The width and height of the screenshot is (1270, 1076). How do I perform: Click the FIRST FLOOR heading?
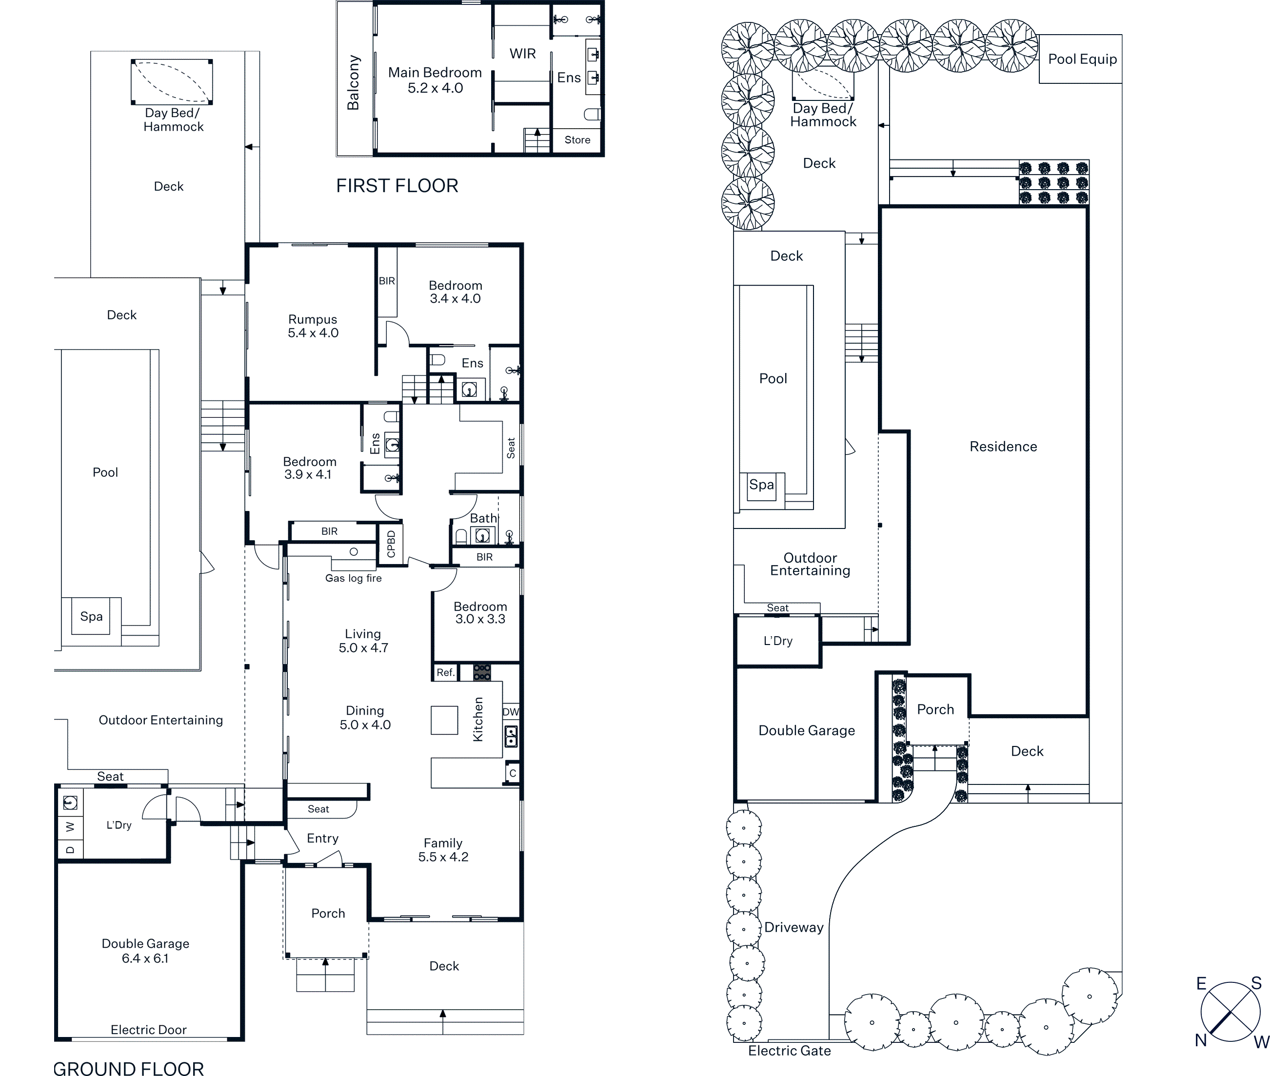point(397,185)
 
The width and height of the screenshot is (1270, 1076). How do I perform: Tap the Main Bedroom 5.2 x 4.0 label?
point(435,80)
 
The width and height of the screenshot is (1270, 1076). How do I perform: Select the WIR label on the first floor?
point(522,54)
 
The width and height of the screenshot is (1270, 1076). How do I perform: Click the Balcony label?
point(353,82)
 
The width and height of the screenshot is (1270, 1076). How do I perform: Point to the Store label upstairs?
point(577,140)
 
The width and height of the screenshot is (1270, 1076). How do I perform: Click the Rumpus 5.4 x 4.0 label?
point(313,326)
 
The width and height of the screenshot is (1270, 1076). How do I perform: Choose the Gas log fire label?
point(354,578)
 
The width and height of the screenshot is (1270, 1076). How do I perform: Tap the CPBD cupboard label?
point(391,544)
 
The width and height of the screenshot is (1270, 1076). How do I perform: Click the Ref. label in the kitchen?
point(445,672)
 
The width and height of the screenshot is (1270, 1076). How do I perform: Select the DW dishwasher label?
point(511,712)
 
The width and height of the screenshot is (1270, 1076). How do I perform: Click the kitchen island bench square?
point(444,720)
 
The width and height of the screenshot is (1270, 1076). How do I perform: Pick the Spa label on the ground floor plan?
point(92,617)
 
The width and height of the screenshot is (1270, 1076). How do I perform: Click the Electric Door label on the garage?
point(148,1030)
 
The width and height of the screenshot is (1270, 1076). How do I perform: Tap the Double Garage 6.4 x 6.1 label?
point(145,950)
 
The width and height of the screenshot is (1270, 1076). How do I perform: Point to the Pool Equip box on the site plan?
point(1080,59)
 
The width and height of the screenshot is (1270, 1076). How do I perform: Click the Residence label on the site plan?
point(1003,447)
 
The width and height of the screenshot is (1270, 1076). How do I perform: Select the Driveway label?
point(794,928)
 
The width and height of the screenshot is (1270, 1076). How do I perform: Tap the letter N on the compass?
point(1201,1040)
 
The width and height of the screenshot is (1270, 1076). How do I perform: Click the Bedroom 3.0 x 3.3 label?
point(480,612)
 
